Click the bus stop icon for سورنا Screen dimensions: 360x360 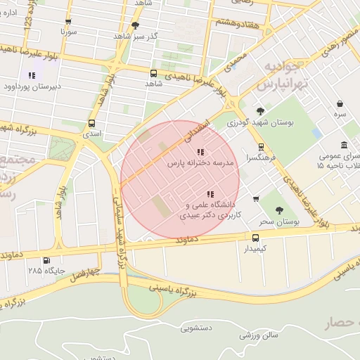tap(68, 22)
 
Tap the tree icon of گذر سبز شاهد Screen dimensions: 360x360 tap(135, 25)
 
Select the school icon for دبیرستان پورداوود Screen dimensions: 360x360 tap(31, 75)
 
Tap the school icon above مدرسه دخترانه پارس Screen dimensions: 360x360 tap(200, 151)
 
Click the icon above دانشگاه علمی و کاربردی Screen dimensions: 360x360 tap(209, 194)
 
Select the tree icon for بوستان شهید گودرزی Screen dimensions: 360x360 tap(261, 110)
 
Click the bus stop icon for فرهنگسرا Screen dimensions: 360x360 tap(262, 147)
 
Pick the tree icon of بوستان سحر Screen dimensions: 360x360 tap(279, 210)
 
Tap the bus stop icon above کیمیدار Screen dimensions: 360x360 tap(256, 238)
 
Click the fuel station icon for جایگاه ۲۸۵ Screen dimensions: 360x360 tap(47, 259)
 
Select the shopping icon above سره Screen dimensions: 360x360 tap(340, 103)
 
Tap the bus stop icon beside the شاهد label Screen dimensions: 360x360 tap(154, 72)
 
